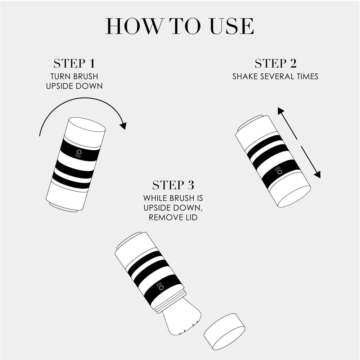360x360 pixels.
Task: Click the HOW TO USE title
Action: pos(180,26)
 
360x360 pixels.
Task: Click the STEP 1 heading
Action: pos(74,64)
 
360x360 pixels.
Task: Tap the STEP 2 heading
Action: pos(275,64)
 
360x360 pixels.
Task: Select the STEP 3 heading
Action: pos(173,185)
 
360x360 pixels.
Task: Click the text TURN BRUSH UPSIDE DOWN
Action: pos(74,81)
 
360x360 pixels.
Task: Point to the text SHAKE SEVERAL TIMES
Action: pos(275,77)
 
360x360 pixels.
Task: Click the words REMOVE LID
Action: pos(173,217)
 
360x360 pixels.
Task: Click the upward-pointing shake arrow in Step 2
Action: pos(287,122)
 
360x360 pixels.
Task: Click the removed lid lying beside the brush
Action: pos(224,332)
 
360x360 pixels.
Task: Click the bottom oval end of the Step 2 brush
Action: pos(294,197)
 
